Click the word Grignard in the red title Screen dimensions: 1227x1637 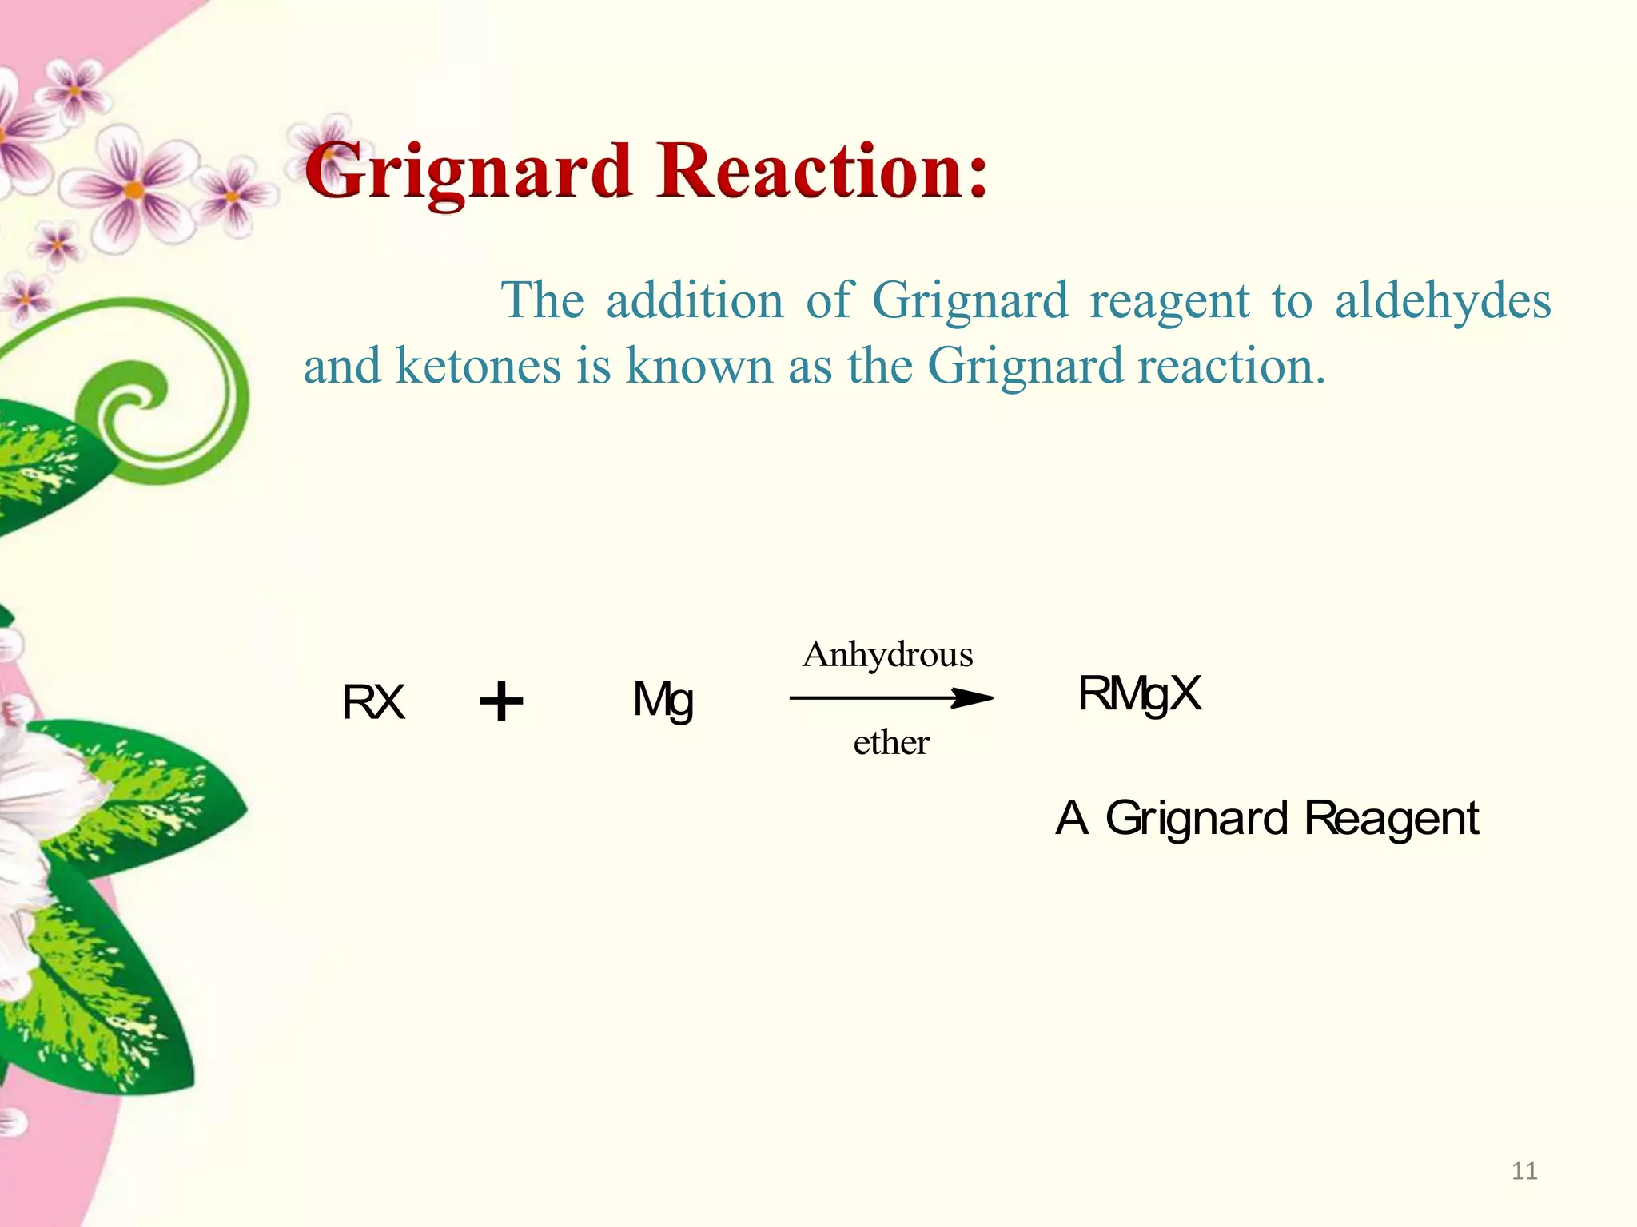[469, 172]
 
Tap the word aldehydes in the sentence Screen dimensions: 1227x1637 [1443, 302]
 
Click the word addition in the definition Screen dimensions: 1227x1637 [695, 301]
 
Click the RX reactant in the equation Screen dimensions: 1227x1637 [373, 702]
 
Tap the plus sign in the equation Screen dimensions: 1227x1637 [501, 701]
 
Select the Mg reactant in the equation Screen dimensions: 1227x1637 [663, 701]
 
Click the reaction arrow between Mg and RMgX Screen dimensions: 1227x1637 [891, 698]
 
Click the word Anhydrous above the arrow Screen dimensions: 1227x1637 [888, 654]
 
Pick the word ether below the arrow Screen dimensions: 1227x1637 [890, 742]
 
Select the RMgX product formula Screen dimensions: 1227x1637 [1139, 693]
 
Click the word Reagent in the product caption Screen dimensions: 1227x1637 [1391, 819]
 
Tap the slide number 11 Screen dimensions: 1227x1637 [1524, 1171]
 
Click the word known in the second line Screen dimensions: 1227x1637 [699, 367]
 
